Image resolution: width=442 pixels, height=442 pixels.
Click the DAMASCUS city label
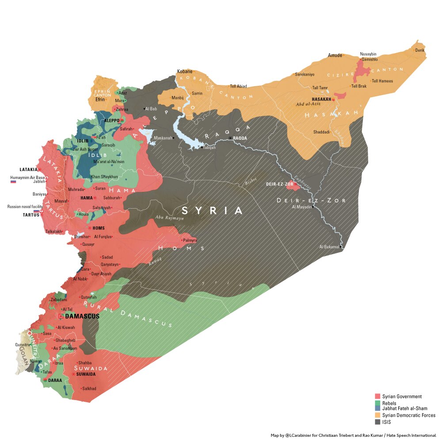tap(82, 316)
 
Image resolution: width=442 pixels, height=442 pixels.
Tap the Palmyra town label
tap(190, 240)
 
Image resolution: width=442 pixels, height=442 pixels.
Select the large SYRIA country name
tap(212, 211)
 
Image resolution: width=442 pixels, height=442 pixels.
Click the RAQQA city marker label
tap(240, 138)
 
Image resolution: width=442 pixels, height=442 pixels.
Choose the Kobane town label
tap(184, 71)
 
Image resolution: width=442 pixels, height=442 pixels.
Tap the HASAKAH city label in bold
tap(321, 99)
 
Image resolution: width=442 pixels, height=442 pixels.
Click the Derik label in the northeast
tap(420, 50)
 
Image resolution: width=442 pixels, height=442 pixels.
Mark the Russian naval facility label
tap(25, 206)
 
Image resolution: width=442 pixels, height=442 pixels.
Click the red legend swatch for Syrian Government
tap(377, 396)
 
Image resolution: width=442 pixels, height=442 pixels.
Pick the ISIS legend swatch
tap(377, 422)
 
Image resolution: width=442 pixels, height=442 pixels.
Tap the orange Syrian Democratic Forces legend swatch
tap(377, 415)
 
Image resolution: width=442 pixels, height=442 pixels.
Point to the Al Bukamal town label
tap(329, 247)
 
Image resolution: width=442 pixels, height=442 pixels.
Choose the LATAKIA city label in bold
tap(28, 169)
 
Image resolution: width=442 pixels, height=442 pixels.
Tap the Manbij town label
tap(171, 98)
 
